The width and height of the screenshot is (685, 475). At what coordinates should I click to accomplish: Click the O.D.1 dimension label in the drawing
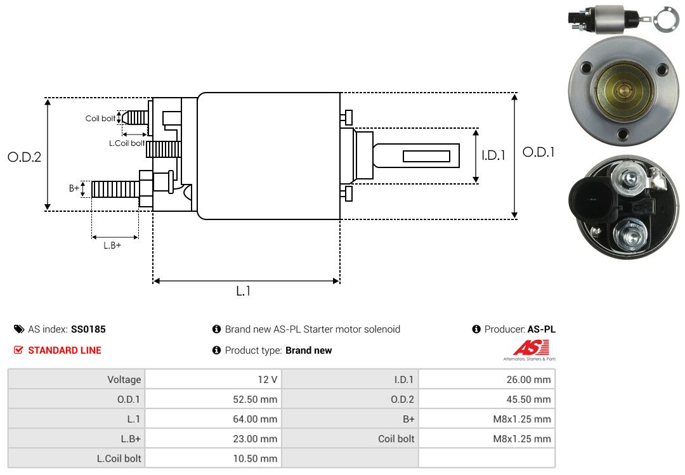click(x=538, y=152)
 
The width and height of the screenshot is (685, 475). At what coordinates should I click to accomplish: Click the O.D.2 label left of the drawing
click(x=24, y=157)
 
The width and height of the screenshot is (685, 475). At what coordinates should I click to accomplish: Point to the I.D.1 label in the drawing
click(x=493, y=155)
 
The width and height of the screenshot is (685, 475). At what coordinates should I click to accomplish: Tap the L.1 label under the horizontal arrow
click(x=244, y=291)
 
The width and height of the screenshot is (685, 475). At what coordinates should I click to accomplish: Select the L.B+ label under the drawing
click(x=112, y=245)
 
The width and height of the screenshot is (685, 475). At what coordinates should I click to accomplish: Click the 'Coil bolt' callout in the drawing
click(x=100, y=119)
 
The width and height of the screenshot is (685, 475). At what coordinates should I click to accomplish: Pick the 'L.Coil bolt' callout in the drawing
click(x=126, y=143)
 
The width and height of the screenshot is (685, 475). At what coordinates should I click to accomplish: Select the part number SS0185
click(x=88, y=329)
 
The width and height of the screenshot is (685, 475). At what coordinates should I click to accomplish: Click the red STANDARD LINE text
click(x=64, y=350)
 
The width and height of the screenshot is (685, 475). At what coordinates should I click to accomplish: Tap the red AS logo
click(x=531, y=348)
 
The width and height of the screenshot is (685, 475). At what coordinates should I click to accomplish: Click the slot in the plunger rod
click(x=426, y=156)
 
